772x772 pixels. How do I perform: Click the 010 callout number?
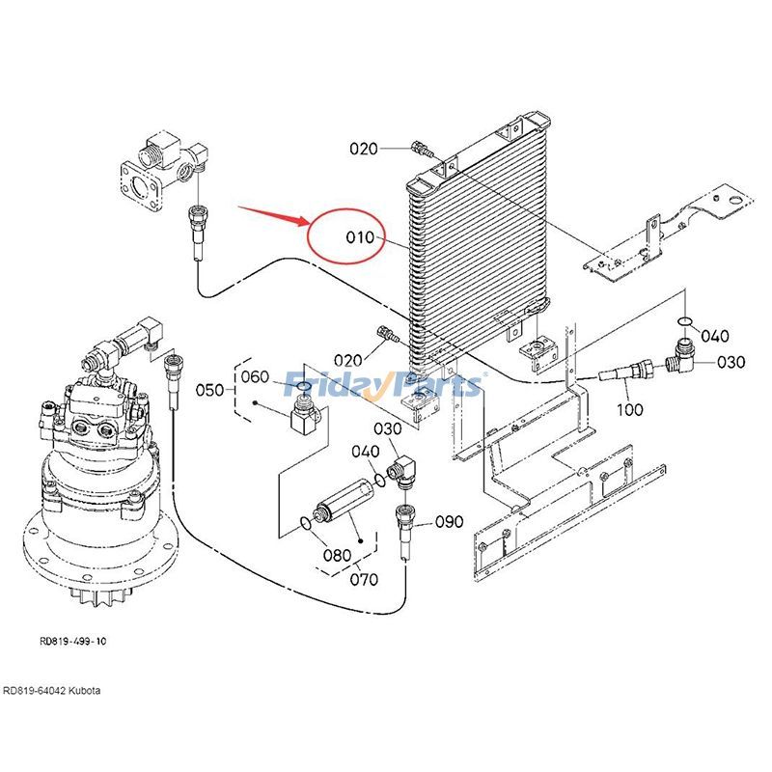(358, 236)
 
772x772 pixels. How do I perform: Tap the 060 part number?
(255, 376)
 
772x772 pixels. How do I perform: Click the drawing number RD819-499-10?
(73, 640)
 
